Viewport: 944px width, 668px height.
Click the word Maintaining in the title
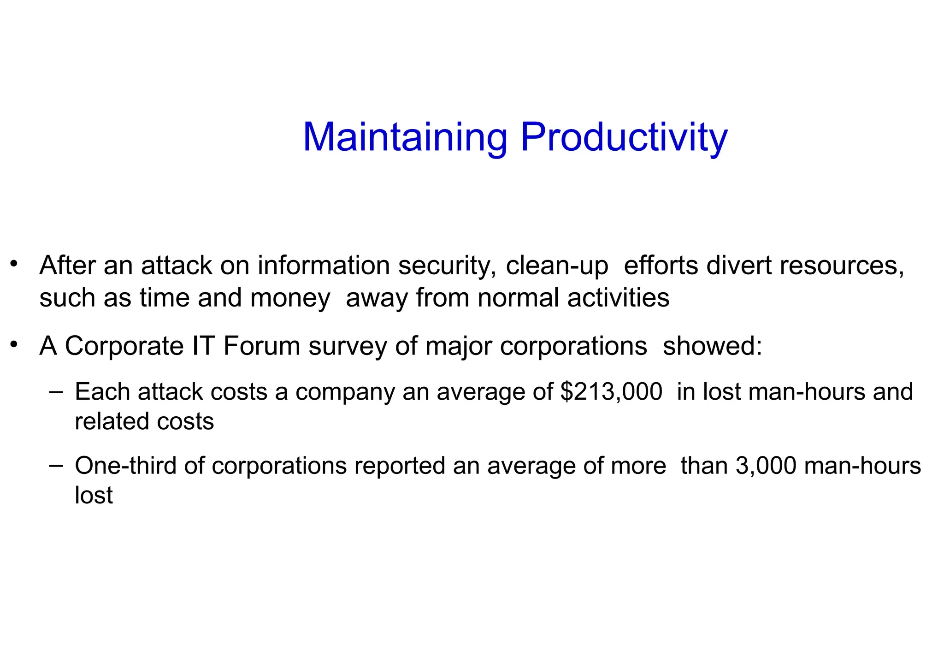[405, 137]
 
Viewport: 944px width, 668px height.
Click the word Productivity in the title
[624, 137]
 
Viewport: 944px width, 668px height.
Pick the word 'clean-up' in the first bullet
[556, 266]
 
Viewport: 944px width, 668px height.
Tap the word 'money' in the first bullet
[290, 298]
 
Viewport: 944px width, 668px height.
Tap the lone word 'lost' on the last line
[94, 495]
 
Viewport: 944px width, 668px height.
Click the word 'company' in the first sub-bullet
[345, 392]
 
